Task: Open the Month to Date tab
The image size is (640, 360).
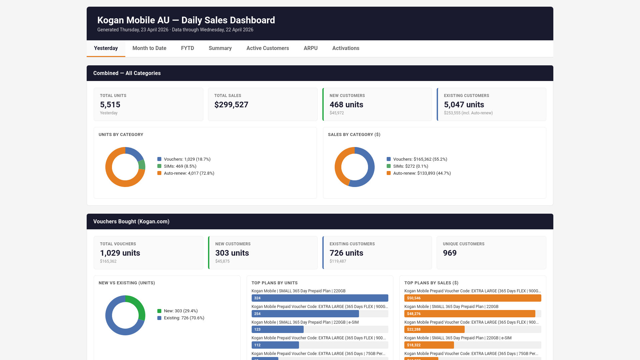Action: (x=149, y=48)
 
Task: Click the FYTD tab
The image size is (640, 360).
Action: (x=187, y=48)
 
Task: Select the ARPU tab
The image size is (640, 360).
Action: (x=310, y=48)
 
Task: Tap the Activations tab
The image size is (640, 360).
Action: (x=346, y=48)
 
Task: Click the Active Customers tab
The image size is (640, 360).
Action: (x=267, y=48)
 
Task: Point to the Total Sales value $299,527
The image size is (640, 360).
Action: (x=231, y=105)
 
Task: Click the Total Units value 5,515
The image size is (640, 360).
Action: (x=110, y=105)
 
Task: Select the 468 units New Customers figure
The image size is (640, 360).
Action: (x=346, y=105)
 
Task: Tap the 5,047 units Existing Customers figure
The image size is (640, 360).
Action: (x=464, y=105)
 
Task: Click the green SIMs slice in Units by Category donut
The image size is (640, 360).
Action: (x=142, y=164)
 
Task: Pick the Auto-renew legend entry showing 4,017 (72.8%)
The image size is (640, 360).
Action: (x=189, y=173)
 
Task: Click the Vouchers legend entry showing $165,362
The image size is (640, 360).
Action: (x=420, y=159)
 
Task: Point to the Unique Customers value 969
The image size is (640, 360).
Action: (x=450, y=253)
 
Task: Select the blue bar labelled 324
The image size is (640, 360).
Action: (x=320, y=298)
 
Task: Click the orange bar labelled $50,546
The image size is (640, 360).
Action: (x=472, y=298)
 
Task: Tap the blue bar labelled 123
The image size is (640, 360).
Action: (x=277, y=329)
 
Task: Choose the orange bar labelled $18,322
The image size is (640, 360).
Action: (x=429, y=345)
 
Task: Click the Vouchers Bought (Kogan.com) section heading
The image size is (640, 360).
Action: (x=131, y=222)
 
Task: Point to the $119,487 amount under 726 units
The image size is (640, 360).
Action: (x=338, y=261)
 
